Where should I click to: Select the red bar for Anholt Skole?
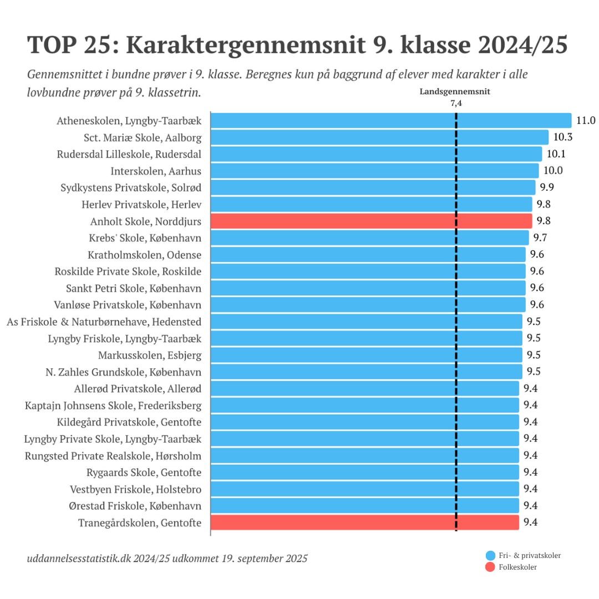372,221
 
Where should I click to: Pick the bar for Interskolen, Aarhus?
375,171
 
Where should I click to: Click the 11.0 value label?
586,120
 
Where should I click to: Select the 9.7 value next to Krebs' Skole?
540,237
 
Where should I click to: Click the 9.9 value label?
546,187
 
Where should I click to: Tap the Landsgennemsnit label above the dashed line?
455,92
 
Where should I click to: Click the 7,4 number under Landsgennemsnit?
456,103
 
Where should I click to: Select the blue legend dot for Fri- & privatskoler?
490,555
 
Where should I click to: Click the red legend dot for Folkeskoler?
490,567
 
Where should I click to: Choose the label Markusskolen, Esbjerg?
150,355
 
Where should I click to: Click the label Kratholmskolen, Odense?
144,255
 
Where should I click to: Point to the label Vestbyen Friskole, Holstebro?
135,489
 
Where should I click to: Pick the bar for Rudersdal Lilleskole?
377,154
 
